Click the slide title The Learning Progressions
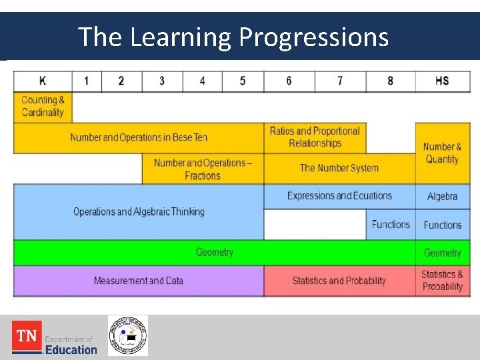pos(233,37)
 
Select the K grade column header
pos(43,81)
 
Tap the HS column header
pos(442,81)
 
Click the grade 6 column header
pos(289,81)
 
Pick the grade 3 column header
pos(162,81)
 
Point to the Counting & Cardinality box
pos(43,107)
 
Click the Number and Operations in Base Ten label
pos(139,137)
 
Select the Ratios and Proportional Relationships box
pos(315,137)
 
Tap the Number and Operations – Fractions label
pos(203,169)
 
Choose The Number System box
pos(339,168)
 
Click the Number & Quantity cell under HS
pos(442,153)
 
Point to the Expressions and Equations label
pos(339,196)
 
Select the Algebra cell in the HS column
pos(442,197)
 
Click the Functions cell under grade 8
pos(391,225)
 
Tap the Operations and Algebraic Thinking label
pos(139,212)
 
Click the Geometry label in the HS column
pos(442,253)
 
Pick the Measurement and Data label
pos(139,281)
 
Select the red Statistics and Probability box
pos(339,281)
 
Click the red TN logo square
pos(27,336)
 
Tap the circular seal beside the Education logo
pos(128,335)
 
